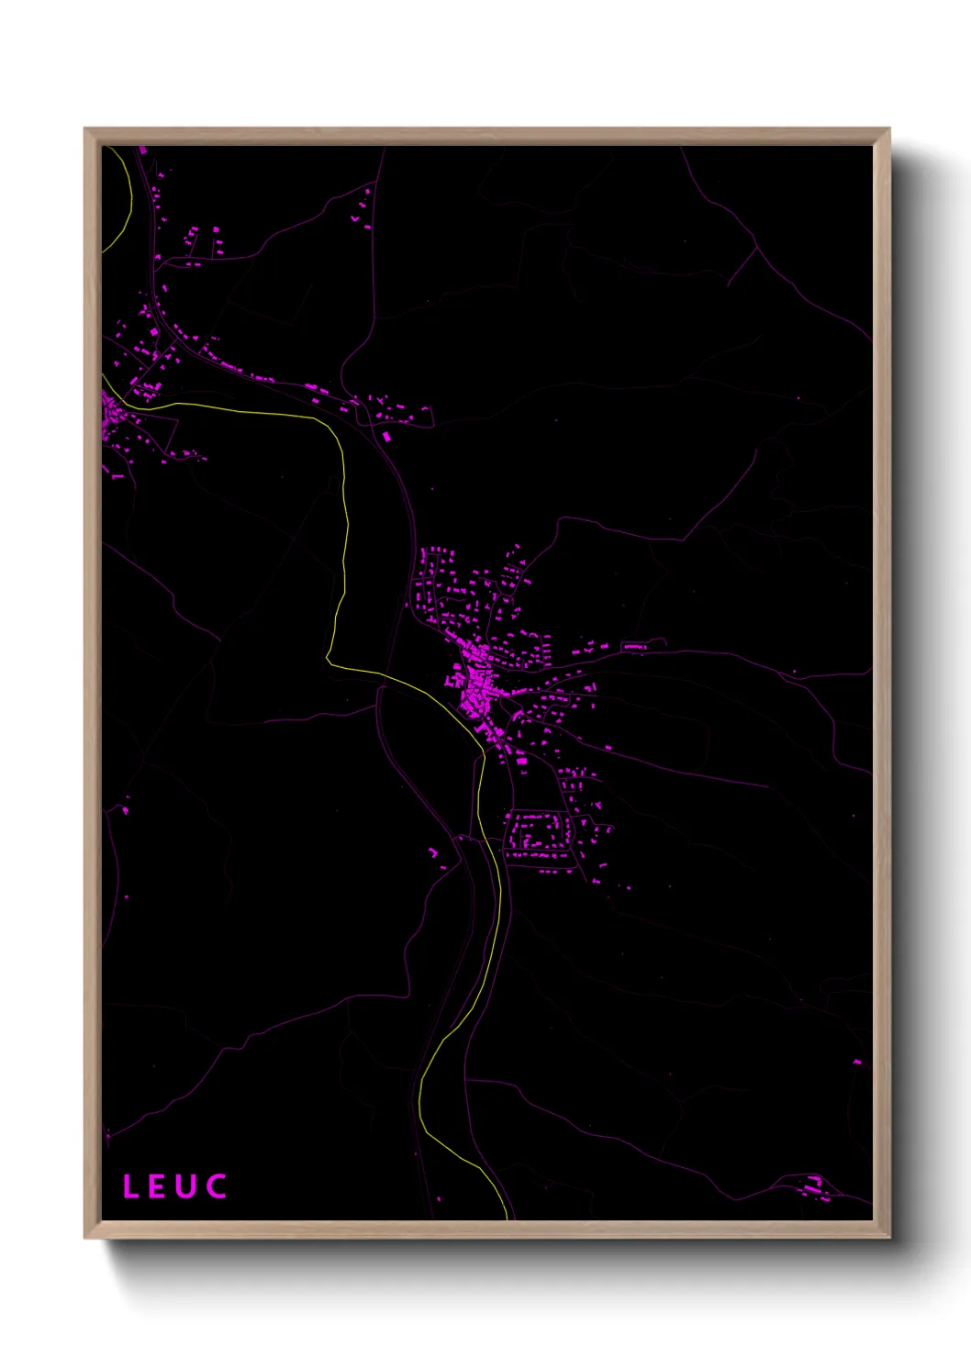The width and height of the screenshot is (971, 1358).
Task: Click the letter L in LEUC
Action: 130,1186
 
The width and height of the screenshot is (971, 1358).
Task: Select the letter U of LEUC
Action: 185,1186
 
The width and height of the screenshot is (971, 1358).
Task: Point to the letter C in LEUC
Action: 217,1186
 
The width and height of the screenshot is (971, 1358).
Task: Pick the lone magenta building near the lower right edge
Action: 857,1062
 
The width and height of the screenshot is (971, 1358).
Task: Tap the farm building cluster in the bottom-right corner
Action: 815,1187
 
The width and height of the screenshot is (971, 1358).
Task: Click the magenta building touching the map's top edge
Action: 142,150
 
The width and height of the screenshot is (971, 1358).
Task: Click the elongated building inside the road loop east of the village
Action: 634,647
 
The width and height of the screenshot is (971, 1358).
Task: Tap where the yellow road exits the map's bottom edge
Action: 506,1217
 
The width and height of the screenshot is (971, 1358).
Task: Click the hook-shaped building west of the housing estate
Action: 433,852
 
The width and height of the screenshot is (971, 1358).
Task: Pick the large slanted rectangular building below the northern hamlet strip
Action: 386,436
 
